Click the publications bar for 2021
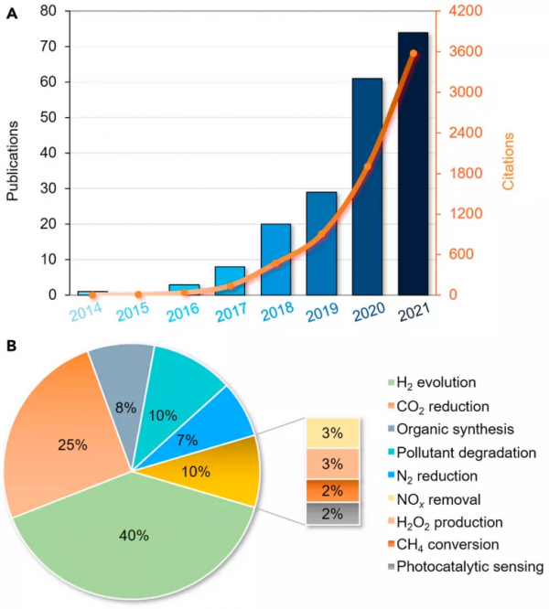pyautogui.click(x=413, y=165)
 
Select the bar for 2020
pyautogui.click(x=367, y=187)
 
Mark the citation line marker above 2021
pyautogui.click(x=414, y=54)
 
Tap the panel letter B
pyautogui.click(x=10, y=347)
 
